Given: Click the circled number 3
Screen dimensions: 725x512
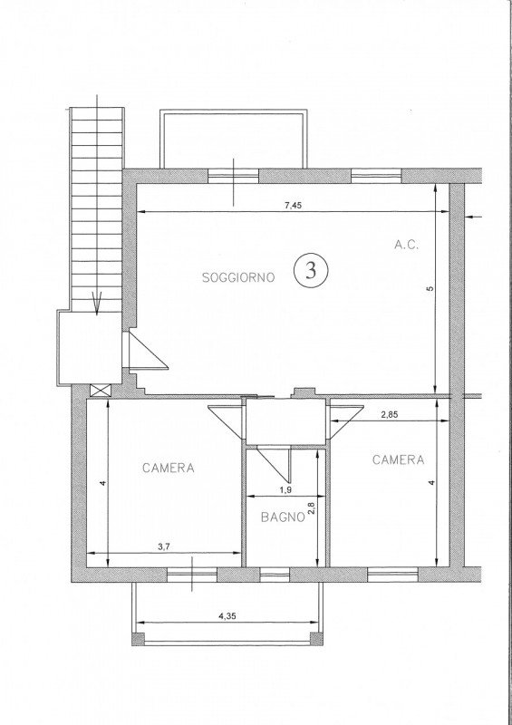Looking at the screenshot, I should (x=311, y=270).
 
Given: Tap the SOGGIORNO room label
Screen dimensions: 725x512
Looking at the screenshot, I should (x=238, y=278).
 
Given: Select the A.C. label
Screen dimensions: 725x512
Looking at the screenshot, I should (x=405, y=244).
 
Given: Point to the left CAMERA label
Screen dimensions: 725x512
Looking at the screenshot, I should (x=169, y=469).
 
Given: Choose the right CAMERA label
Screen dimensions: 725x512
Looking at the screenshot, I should (x=398, y=460).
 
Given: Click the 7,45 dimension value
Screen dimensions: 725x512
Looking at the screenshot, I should (x=293, y=205).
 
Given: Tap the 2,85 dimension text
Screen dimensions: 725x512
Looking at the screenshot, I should (x=389, y=414).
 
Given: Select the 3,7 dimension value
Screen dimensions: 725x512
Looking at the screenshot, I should (x=164, y=547).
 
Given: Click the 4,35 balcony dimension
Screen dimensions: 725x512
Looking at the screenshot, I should (x=228, y=616).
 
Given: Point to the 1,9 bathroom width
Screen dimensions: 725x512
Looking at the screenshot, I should (x=285, y=490).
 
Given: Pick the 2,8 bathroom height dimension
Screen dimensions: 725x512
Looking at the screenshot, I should (x=311, y=509).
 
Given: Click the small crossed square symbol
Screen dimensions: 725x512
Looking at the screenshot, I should (x=99, y=390).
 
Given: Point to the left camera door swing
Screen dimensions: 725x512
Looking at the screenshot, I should (x=227, y=420).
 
